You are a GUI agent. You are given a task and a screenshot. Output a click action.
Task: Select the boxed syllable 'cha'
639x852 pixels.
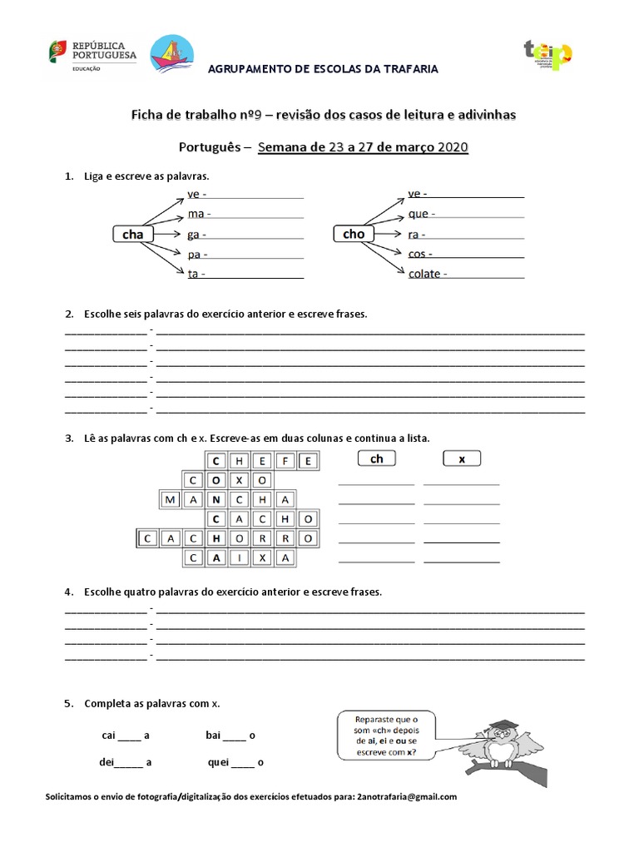point(133,235)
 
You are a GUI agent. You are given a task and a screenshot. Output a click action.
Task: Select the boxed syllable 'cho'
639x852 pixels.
point(354,234)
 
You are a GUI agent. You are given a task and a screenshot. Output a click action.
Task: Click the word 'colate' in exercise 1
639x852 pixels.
point(424,274)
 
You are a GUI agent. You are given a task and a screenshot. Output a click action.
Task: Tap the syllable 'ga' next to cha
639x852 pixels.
point(194,235)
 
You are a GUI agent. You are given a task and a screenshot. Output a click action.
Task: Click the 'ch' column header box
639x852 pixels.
point(377,458)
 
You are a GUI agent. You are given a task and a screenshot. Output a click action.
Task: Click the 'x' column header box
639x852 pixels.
point(462,458)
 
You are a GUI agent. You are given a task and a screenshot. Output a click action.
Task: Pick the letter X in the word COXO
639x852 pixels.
point(239,480)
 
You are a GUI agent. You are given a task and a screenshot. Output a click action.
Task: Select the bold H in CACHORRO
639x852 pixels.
point(216,538)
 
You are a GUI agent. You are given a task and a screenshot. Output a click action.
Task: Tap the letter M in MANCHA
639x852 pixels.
point(171,500)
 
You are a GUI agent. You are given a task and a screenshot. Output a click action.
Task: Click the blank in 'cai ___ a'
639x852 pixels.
point(129,736)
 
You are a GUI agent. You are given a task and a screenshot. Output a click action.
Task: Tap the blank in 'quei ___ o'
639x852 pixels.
point(242,763)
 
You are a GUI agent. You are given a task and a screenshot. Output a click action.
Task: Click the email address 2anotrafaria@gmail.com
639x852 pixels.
point(407,797)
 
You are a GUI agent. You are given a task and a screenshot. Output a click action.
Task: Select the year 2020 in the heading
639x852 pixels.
point(449,148)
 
